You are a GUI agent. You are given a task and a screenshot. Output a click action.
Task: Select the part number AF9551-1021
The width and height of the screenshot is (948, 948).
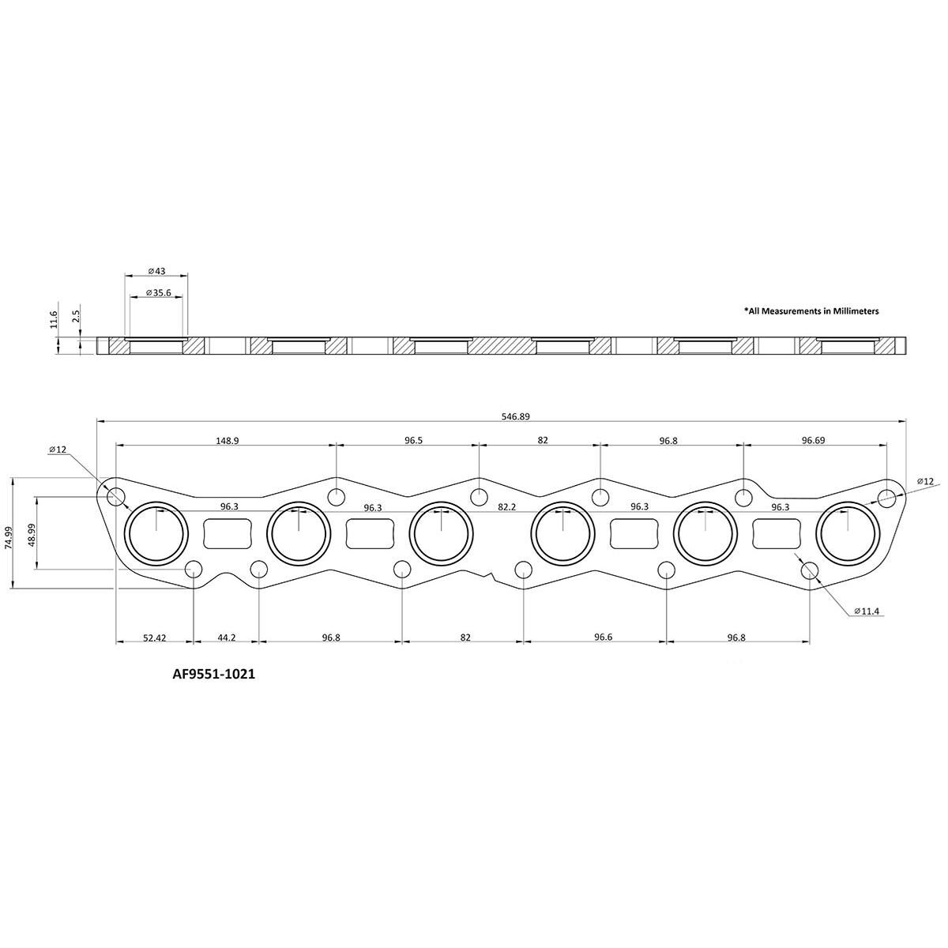[214, 675]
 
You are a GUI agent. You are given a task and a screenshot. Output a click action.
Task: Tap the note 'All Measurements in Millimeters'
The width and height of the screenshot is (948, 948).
[812, 311]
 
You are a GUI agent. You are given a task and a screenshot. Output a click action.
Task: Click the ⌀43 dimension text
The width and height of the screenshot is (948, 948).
[157, 271]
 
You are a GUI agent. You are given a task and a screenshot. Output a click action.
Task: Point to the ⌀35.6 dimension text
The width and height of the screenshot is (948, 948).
[157, 292]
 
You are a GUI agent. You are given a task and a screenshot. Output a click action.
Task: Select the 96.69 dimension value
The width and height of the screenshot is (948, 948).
[813, 440]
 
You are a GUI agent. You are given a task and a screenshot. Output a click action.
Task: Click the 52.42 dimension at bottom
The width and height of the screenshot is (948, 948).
[154, 637]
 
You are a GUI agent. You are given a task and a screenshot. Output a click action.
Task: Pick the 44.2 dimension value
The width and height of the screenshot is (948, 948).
[227, 637]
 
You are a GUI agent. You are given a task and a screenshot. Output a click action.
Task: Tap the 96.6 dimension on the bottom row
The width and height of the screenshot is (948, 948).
[603, 637]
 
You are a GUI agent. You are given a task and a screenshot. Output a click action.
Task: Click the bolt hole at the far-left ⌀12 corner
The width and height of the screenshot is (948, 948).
[116, 497]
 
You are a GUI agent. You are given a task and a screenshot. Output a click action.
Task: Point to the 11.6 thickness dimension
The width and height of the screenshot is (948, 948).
[54, 319]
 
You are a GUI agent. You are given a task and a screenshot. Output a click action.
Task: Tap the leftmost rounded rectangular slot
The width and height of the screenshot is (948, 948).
[228, 533]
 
